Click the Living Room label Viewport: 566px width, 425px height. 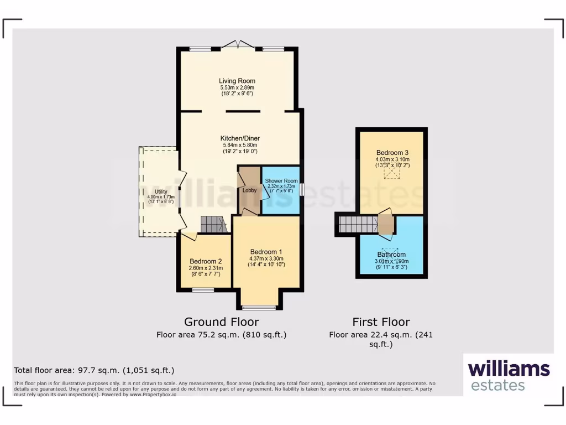(237, 81)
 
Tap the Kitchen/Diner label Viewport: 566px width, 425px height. (240, 138)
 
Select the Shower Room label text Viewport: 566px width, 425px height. (281, 181)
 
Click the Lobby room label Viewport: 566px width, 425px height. (249, 190)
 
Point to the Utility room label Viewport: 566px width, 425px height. (161, 191)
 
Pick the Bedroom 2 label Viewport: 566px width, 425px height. (206, 261)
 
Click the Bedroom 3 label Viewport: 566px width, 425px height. (392, 153)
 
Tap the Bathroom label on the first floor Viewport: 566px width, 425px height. (392, 255)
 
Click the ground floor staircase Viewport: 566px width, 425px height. (213, 224)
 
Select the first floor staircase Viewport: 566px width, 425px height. (358, 225)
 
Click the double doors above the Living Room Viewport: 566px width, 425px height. (238, 45)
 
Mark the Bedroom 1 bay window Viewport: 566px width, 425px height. (259, 307)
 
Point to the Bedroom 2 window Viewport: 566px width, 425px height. (203, 289)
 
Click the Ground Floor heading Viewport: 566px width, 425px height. (221, 322)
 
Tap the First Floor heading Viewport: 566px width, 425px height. (381, 322)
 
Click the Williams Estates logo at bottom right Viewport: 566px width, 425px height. (509, 375)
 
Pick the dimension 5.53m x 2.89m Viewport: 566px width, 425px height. (237, 88)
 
